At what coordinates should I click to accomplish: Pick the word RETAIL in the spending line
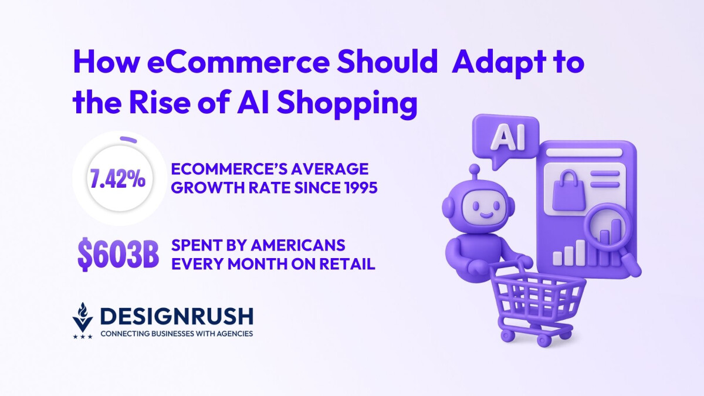coord(349,264)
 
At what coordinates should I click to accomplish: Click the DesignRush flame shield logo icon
coord(83,320)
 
